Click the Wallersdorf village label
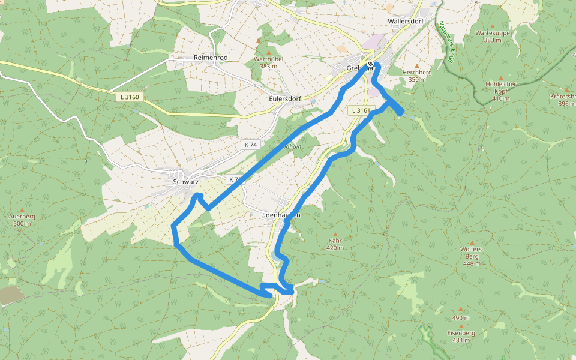tap(406, 20)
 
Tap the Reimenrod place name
tap(211, 57)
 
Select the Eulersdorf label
tap(285, 98)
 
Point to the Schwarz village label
tap(185, 181)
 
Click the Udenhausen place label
tap(281, 214)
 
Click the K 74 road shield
tap(251, 145)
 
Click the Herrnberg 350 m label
tap(420, 76)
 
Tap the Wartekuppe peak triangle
tap(493, 26)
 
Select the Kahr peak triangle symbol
tap(335, 235)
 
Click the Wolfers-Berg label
tap(472, 255)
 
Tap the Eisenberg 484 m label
tap(461, 336)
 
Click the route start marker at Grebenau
tap(371, 64)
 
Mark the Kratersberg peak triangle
tap(566, 89)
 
